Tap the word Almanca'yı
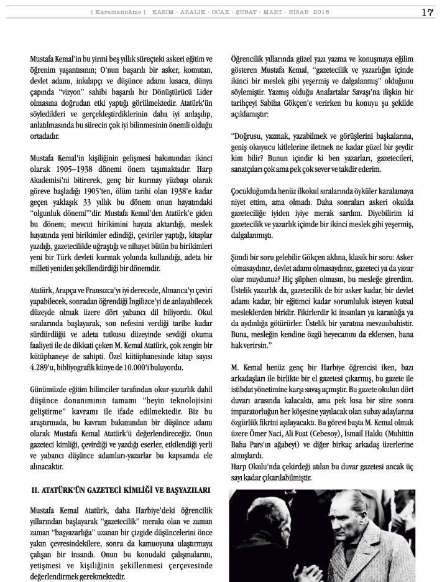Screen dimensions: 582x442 tap(172, 291)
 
